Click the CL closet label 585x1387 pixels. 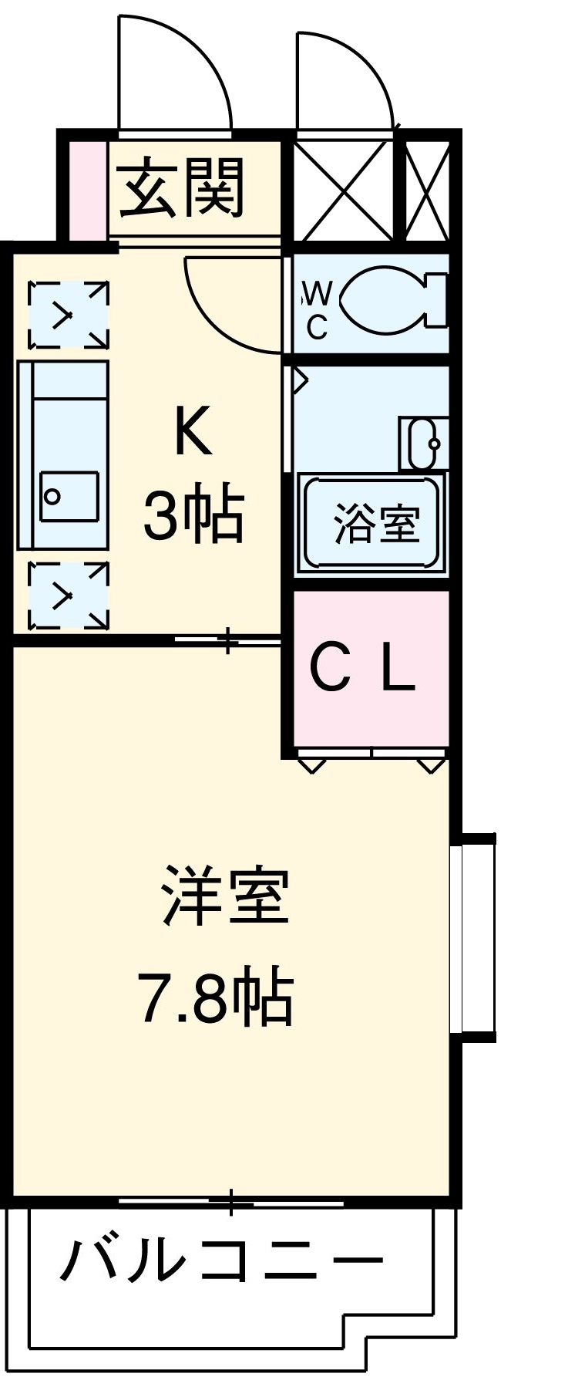(x=362, y=668)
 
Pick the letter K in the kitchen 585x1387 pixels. (x=192, y=432)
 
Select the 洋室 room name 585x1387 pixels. (x=225, y=896)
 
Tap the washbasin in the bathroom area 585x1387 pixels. (x=423, y=444)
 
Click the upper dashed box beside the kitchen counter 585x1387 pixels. (x=68, y=315)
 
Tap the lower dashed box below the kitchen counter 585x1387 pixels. (x=68, y=595)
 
